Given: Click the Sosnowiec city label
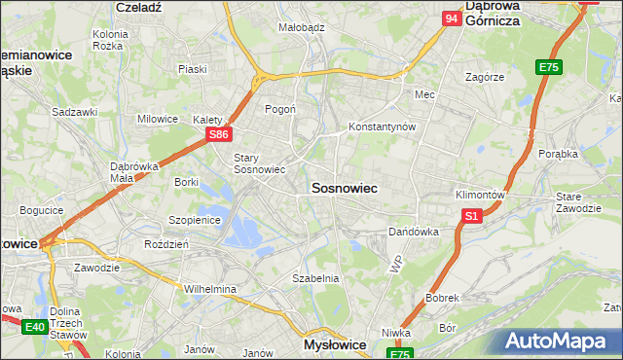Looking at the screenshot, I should pyautogui.click(x=344, y=187).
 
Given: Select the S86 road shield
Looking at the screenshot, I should pyautogui.click(x=219, y=135).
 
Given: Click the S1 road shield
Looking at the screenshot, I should pyautogui.click(x=472, y=216).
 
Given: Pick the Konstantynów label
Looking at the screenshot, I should pyautogui.click(x=383, y=127).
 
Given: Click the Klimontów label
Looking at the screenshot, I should pyautogui.click(x=480, y=195).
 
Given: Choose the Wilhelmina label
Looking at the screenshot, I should pyautogui.click(x=210, y=289).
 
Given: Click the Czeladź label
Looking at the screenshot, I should pyautogui.click(x=137, y=6).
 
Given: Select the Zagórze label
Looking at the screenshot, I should pyautogui.click(x=484, y=76).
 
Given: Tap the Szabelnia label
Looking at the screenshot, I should pyautogui.click(x=315, y=278).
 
